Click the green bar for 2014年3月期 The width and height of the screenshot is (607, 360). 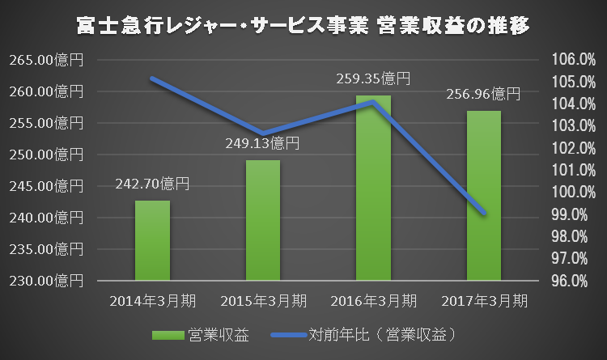pyautogui.click(x=152, y=240)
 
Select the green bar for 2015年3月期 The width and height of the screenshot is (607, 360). pyautogui.click(x=263, y=220)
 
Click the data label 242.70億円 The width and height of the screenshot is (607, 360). pyautogui.click(x=152, y=184)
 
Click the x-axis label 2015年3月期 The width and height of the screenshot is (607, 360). pyautogui.click(x=263, y=301)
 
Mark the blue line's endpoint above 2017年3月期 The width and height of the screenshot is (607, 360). pyautogui.click(x=483, y=214)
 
